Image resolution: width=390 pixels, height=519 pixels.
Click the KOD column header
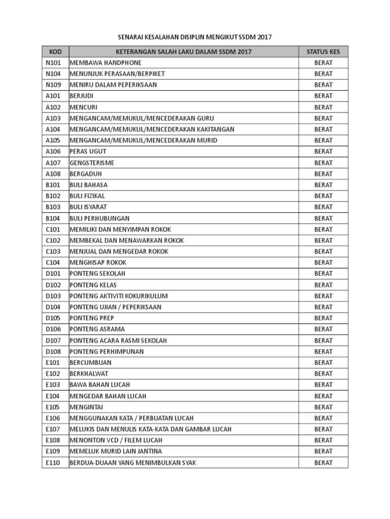click(55, 52)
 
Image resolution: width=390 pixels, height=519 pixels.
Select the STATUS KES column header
click(323, 52)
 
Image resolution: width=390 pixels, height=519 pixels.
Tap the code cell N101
click(53, 63)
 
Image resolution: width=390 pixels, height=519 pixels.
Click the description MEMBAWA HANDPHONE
click(106, 63)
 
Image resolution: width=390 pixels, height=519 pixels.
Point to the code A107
click(53, 163)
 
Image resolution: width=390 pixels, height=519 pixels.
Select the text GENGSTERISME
click(92, 163)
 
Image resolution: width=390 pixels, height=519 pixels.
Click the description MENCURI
click(83, 107)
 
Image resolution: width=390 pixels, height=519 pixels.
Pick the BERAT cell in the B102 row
click(323, 196)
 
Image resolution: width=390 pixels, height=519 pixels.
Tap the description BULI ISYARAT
click(88, 207)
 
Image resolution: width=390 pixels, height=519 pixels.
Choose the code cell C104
click(53, 263)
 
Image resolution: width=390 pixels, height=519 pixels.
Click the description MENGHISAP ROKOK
click(98, 263)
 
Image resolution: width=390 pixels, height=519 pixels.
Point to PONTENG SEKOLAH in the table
click(97, 274)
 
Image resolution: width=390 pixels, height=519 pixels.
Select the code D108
click(53, 351)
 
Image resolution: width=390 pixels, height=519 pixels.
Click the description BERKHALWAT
click(89, 374)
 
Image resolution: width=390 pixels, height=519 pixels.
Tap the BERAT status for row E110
click(323, 462)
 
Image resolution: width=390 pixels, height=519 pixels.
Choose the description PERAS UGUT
click(88, 152)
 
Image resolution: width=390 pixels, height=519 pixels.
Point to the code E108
click(53, 440)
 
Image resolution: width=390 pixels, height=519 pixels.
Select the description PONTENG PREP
click(92, 318)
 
